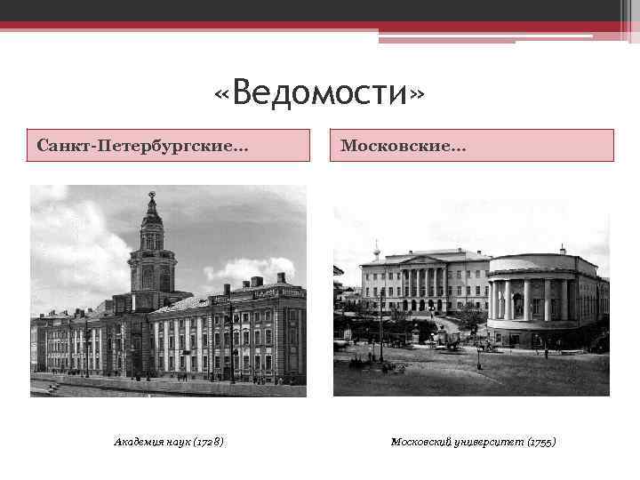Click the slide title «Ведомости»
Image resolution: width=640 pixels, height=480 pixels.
320,92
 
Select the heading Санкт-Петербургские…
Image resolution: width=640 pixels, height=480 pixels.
143,145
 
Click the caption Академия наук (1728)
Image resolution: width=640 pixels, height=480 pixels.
169,442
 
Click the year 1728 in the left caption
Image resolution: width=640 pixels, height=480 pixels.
210,442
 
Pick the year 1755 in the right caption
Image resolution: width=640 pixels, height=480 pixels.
540,442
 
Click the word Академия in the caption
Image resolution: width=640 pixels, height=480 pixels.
137,442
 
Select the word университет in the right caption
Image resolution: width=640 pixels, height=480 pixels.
489,442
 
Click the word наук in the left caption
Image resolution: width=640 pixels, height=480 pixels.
180,442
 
